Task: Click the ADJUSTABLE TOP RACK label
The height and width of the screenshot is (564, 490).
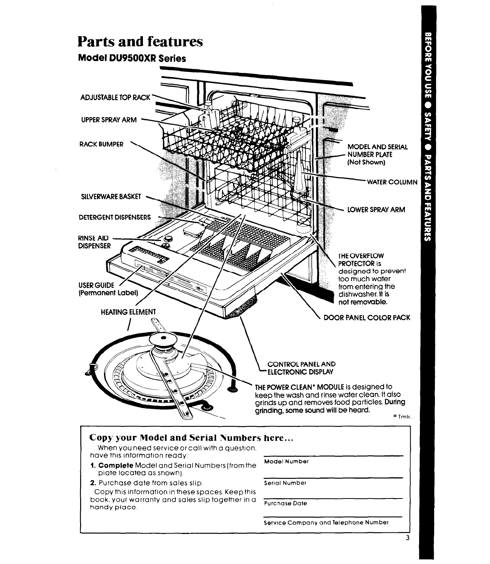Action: (114, 97)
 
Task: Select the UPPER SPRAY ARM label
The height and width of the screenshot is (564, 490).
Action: (108, 120)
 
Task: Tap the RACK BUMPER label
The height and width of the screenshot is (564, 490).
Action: (101, 144)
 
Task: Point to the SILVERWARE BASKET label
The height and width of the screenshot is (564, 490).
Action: (109, 197)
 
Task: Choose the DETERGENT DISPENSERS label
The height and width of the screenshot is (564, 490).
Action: (114, 217)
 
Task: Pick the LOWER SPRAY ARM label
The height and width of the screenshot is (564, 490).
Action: (376, 210)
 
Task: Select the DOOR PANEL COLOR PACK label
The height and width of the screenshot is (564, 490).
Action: (367, 318)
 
